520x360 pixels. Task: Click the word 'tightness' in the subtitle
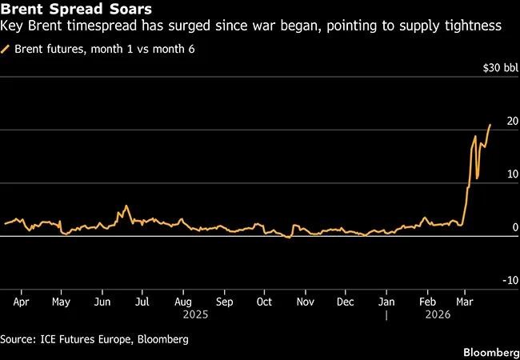tap(474, 26)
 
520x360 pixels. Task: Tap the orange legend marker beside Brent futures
tap(7, 49)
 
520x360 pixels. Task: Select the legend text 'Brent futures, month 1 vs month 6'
tap(104, 49)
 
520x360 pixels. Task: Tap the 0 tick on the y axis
tap(516, 228)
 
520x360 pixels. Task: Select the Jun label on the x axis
tap(102, 303)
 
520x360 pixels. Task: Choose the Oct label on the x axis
tap(265, 303)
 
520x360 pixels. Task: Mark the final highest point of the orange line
tap(490, 125)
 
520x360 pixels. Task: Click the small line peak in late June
tap(126, 206)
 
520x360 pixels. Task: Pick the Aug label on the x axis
tap(182, 303)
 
